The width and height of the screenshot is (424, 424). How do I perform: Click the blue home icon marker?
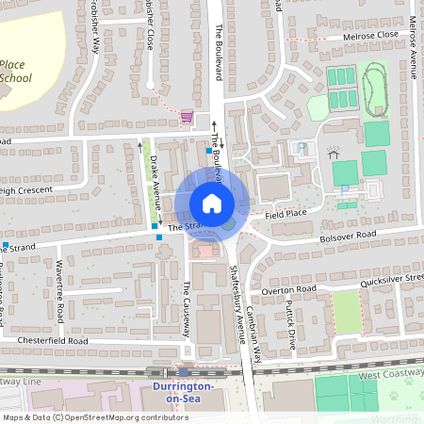[x=211, y=204]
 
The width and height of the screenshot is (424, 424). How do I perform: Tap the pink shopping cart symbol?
[x=187, y=117]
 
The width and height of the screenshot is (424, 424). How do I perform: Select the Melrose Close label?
[x=346, y=36]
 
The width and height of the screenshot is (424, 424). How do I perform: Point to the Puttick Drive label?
[x=291, y=326]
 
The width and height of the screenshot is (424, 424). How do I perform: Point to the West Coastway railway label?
[x=390, y=376]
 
